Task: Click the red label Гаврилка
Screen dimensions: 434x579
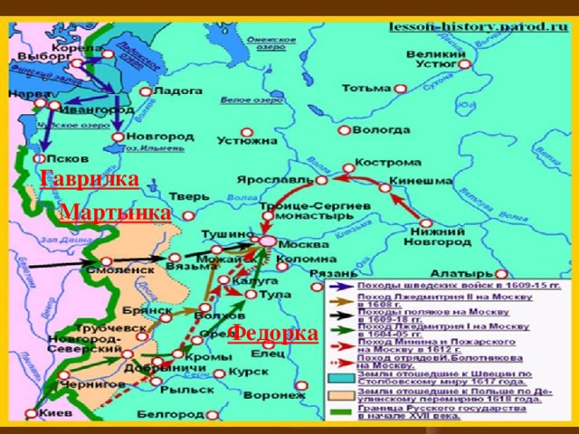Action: coord(89,177)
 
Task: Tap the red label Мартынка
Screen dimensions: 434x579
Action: coord(114,212)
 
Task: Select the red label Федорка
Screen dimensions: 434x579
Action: coord(273,333)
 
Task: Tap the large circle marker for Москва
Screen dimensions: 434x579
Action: coord(269,241)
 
